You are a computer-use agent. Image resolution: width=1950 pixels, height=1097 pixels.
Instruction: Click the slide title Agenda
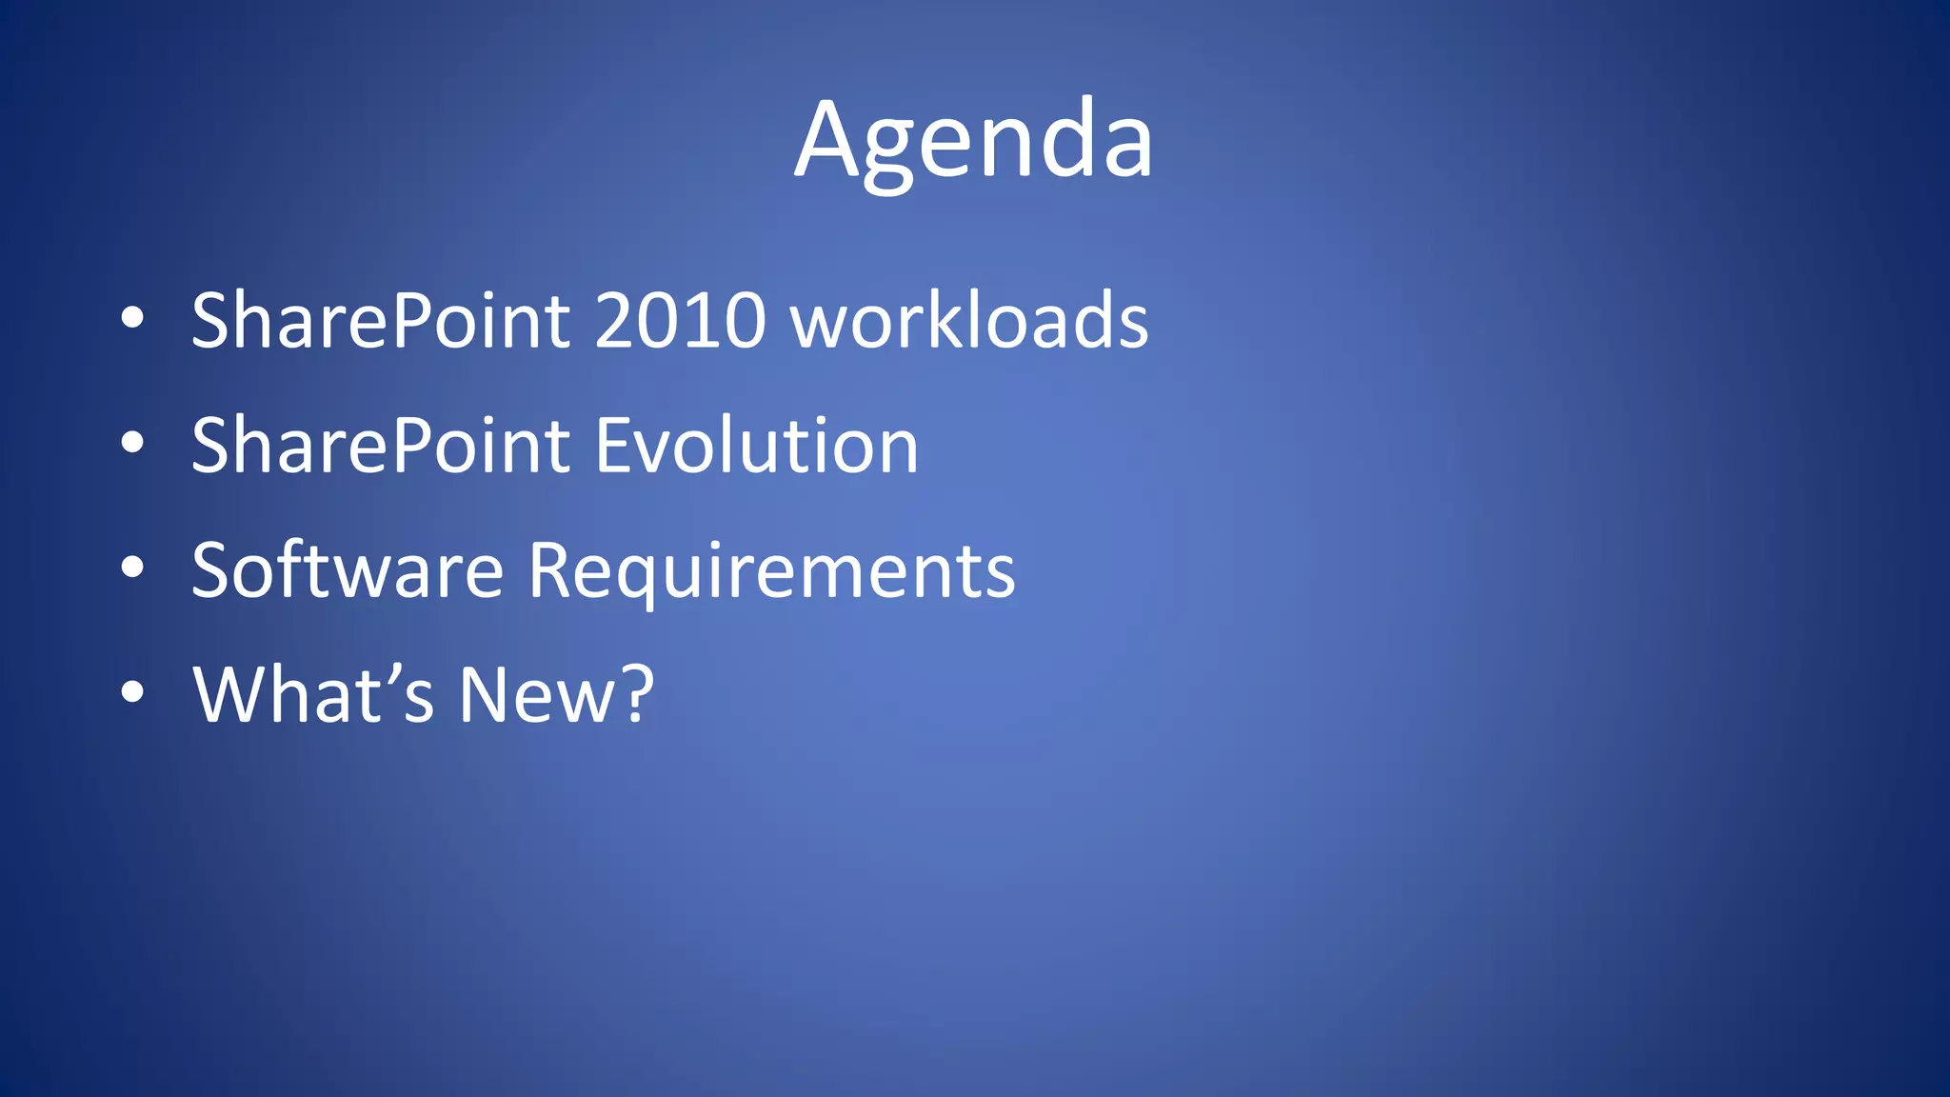974,141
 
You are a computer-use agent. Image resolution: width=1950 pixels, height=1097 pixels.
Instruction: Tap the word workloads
970,321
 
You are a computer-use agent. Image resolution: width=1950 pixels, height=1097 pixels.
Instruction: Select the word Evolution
757,446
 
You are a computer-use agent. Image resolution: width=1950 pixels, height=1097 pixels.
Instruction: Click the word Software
347,570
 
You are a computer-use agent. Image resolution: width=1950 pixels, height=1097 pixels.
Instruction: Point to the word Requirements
771,570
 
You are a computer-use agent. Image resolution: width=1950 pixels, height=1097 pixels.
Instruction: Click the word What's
313,695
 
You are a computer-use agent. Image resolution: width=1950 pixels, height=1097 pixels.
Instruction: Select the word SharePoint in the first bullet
381,321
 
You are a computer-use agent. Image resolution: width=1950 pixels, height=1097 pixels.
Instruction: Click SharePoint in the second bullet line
381,446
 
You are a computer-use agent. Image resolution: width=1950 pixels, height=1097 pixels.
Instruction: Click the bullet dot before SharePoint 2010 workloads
132,318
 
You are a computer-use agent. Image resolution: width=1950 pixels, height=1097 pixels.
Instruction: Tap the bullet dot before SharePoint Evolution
132,443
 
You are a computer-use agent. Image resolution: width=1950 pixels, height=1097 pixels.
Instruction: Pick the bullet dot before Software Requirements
132,568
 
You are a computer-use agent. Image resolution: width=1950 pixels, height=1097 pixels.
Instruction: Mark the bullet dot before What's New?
132,692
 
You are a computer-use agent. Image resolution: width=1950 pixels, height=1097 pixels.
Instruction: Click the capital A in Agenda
826,141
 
